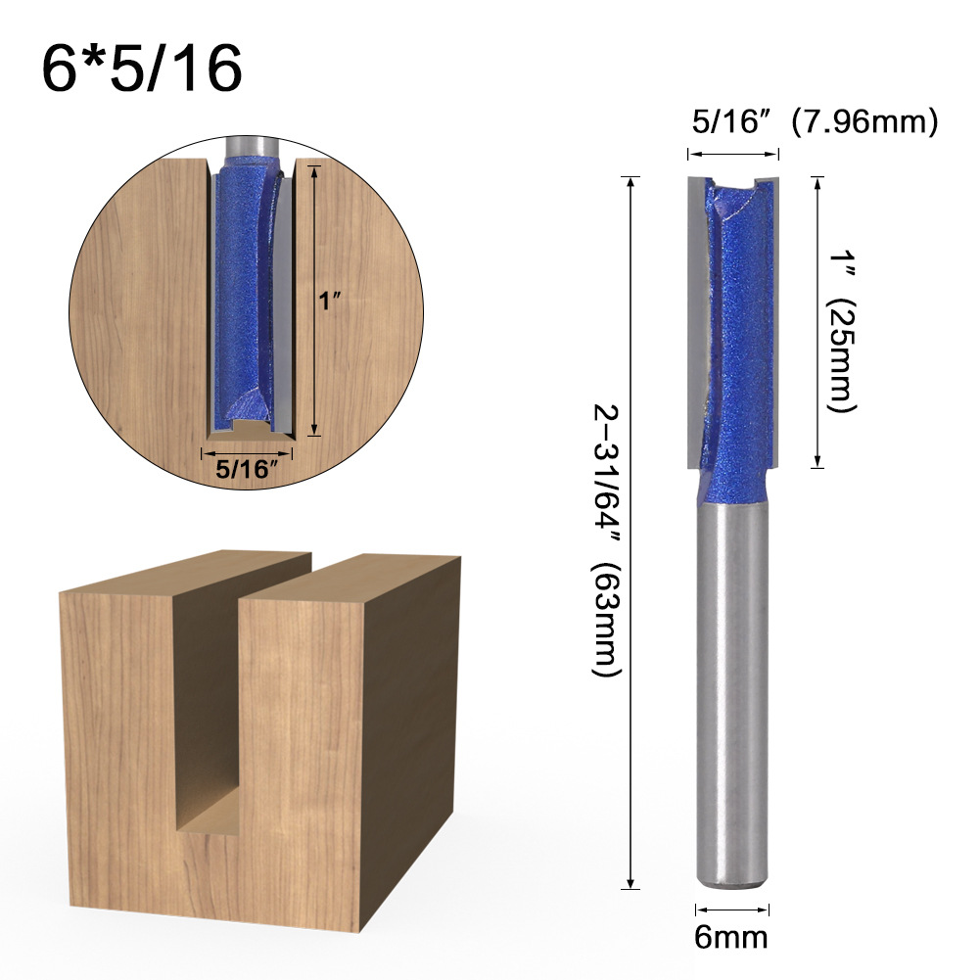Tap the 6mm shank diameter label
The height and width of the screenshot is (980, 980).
pyautogui.click(x=731, y=937)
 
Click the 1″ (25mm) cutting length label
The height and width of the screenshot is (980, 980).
pyautogui.click(x=839, y=322)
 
